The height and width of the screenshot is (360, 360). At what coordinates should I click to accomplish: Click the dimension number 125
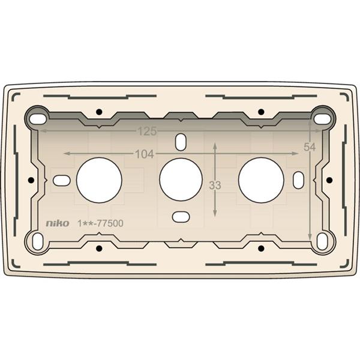[x=147, y=131]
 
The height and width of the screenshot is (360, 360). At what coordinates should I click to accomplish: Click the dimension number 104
[x=145, y=154]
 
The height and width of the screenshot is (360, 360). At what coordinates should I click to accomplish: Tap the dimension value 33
[x=215, y=185]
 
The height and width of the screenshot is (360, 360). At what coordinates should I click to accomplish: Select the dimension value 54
[x=310, y=147]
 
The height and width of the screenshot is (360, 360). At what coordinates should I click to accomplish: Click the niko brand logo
[x=58, y=223]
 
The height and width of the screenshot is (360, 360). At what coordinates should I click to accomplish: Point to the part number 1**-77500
[x=101, y=223]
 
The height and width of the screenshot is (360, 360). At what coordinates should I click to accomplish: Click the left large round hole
[x=99, y=180]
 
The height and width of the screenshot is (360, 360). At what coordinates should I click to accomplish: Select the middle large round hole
[x=181, y=179]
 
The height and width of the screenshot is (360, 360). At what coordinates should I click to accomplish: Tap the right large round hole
[x=261, y=180]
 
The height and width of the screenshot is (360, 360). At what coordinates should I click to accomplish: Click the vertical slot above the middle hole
[x=181, y=142]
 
